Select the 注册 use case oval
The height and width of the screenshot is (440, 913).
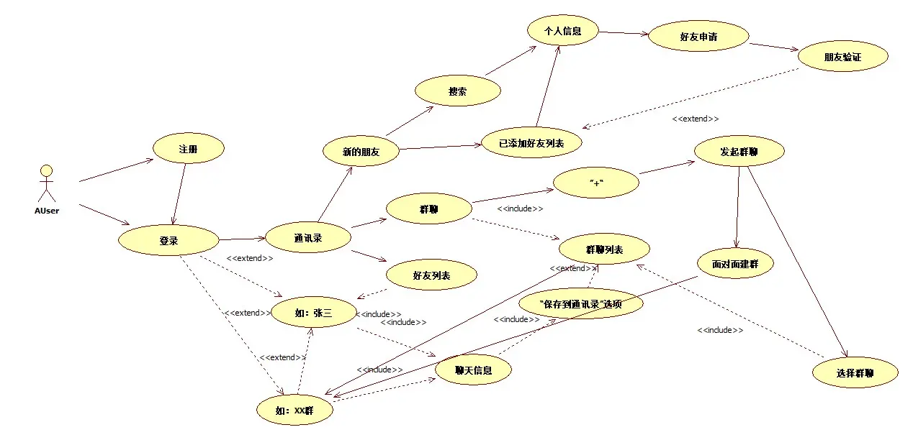[188, 149]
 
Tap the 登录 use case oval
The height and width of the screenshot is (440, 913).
[168, 241]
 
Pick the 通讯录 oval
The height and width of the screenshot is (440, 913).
[308, 238]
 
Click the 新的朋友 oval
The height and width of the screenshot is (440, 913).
[361, 152]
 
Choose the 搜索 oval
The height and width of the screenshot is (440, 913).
[457, 91]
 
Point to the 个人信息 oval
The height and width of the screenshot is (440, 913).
[562, 31]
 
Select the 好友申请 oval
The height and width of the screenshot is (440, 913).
[698, 35]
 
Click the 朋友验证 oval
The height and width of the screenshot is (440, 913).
[842, 56]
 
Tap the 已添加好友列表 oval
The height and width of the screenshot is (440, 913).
[531, 143]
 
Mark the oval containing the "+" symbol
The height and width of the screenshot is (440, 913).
[595, 183]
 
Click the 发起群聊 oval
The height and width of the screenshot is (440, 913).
[739, 152]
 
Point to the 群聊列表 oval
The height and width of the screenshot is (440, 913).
[604, 249]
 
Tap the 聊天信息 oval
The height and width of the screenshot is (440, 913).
[473, 370]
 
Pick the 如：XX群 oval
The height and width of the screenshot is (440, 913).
[294, 411]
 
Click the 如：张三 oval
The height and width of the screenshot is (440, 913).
[313, 313]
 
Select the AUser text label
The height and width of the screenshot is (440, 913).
[47, 211]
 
